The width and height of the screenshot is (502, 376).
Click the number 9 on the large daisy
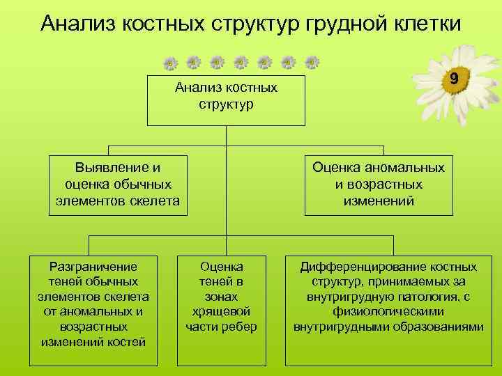pyautogui.click(x=454, y=79)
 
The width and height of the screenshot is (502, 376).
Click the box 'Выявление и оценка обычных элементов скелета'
pyautogui.click(x=117, y=185)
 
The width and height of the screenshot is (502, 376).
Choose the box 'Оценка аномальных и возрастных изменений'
pyautogui.click(x=379, y=185)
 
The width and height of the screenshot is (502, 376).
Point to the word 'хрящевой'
pyautogui.click(x=221, y=311)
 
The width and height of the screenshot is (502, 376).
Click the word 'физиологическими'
pyautogui.click(x=388, y=311)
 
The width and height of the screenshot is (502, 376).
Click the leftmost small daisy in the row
pyautogui.click(x=170, y=63)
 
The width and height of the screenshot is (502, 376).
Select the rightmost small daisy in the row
pyautogui.click(x=312, y=63)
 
